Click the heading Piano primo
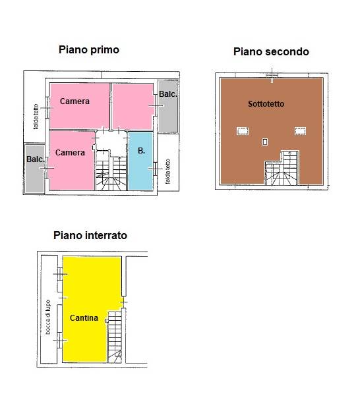click(x=89, y=50)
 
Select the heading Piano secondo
click(x=271, y=51)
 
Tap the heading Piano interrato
click(x=90, y=235)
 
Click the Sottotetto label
click(x=266, y=104)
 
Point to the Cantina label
click(x=84, y=317)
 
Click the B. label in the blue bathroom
click(x=141, y=151)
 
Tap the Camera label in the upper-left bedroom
click(x=75, y=101)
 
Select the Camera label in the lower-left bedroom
click(x=70, y=153)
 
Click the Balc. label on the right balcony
click(x=168, y=94)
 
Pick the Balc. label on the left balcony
click(x=35, y=159)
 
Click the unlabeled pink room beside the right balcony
click(x=133, y=106)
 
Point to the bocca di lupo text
click(x=47, y=317)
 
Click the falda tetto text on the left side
click(x=36, y=117)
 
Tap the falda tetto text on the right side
click(x=167, y=171)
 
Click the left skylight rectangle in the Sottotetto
click(x=243, y=131)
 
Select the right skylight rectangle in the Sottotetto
click(x=300, y=131)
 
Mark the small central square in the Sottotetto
click(x=264, y=142)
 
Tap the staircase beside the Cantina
click(x=115, y=337)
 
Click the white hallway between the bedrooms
click(x=111, y=142)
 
